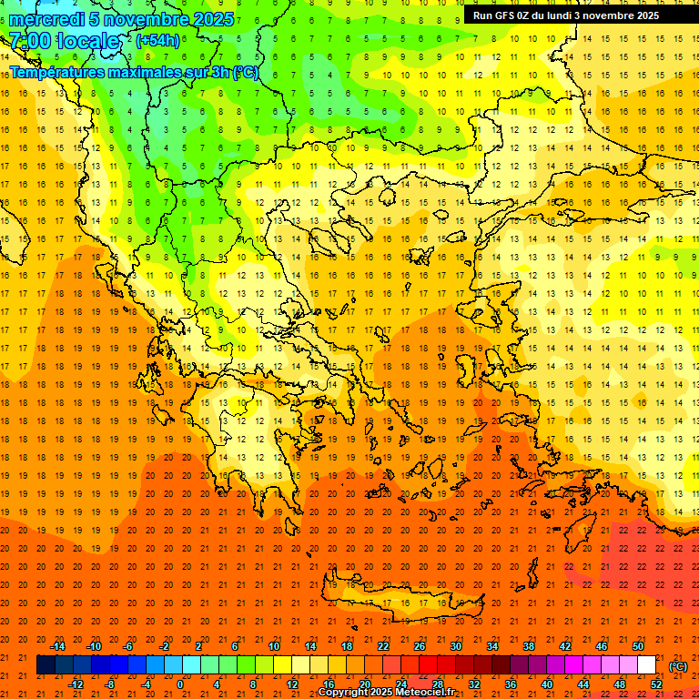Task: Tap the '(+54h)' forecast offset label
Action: click(x=157, y=41)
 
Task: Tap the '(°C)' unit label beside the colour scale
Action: click(x=678, y=666)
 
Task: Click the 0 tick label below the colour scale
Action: click(x=180, y=684)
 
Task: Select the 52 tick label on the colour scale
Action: click(x=656, y=684)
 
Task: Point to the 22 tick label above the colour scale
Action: click(x=383, y=646)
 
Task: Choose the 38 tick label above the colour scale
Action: click(x=529, y=646)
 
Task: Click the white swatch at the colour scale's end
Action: click(x=647, y=665)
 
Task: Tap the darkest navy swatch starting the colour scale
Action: click(x=46, y=665)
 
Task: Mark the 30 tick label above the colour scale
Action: click(x=456, y=646)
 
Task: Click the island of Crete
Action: click(x=400, y=600)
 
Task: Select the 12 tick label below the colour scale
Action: click(x=292, y=684)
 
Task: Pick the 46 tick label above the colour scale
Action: click(x=602, y=646)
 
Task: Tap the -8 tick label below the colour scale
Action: click(x=110, y=684)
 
